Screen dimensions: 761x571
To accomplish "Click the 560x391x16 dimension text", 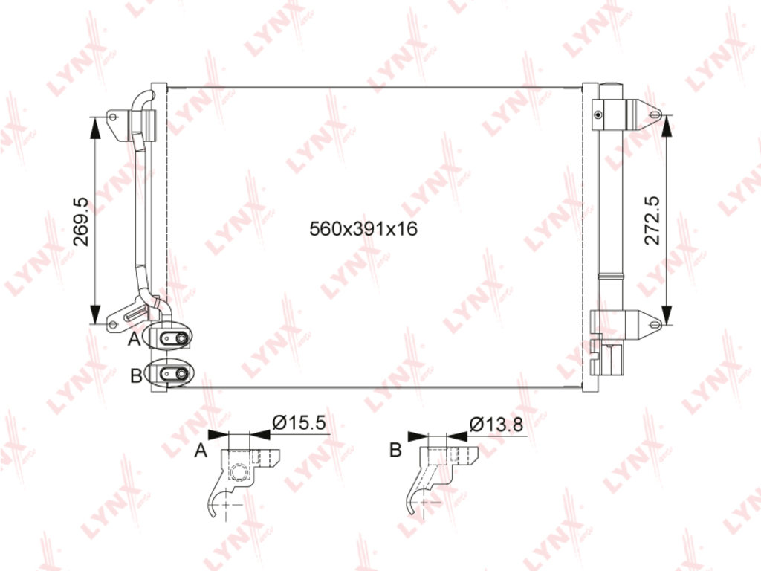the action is (363, 228).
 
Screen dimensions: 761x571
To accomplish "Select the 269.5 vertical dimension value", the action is (80, 222).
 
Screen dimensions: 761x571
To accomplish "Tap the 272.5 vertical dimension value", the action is (652, 220).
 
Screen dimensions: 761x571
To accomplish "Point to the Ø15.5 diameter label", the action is (299, 422).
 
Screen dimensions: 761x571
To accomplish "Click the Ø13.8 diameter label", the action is (496, 425).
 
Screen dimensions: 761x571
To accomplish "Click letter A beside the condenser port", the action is (135, 338).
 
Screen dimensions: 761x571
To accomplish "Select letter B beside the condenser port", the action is (136, 375).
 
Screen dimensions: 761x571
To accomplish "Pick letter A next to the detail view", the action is (201, 450).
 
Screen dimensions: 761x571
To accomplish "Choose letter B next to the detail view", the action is (395, 450).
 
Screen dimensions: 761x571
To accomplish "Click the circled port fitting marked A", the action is (171, 337).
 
